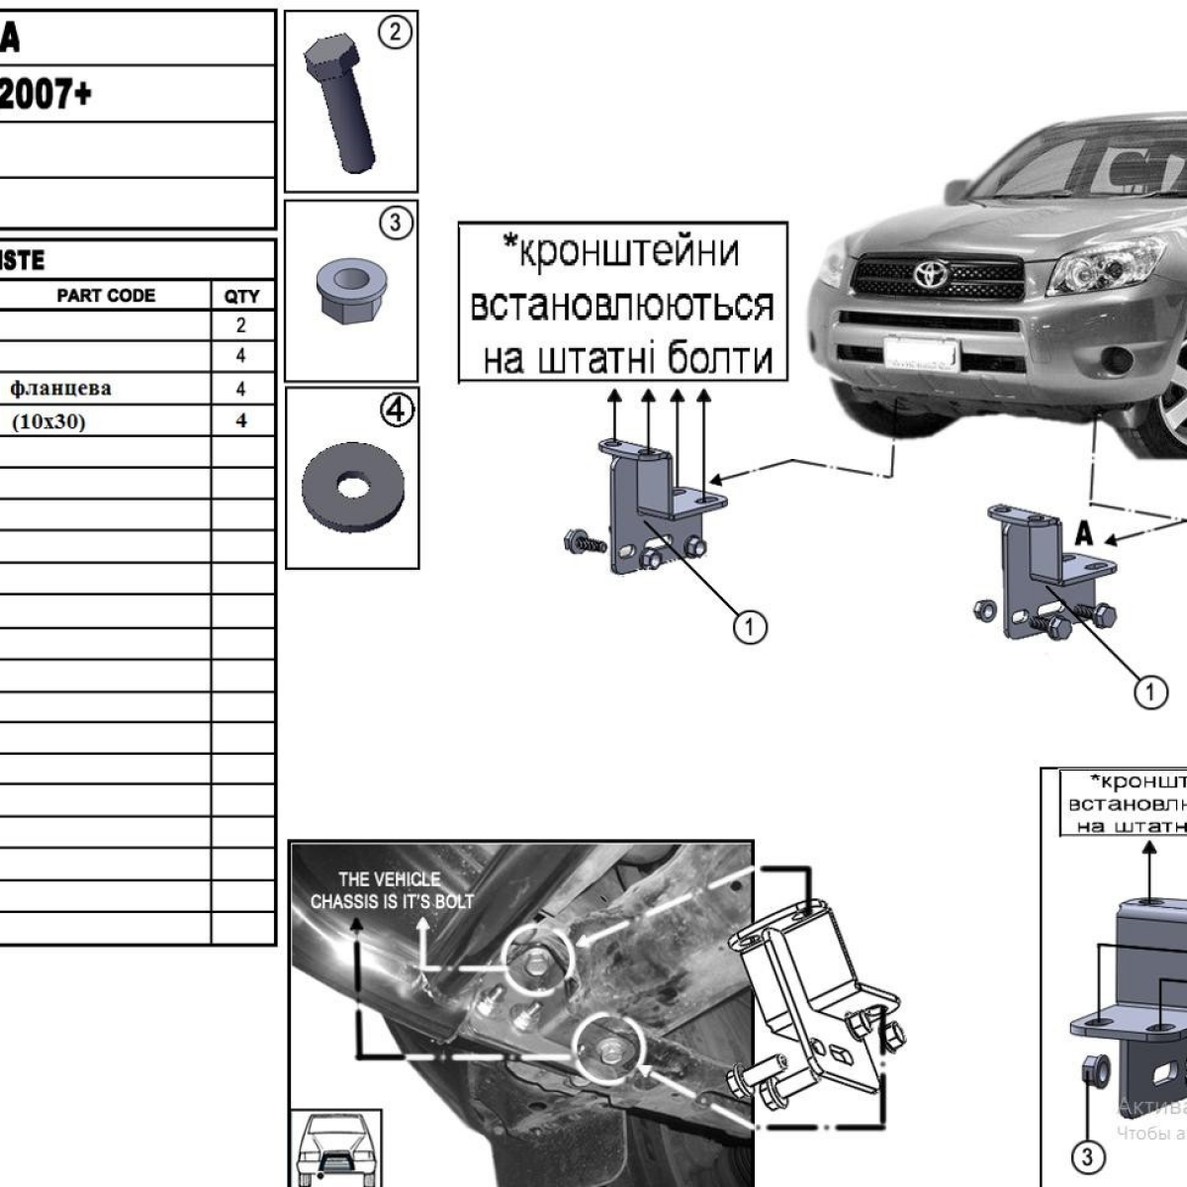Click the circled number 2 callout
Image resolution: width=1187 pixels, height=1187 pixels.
point(395,33)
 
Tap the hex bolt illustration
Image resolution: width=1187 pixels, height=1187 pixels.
point(339,104)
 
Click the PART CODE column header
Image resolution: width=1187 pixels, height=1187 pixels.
point(106,296)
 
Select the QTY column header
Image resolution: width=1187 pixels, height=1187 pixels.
point(241,296)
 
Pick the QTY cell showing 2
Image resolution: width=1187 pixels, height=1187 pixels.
point(241,325)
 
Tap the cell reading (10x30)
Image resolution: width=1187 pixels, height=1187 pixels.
point(48,422)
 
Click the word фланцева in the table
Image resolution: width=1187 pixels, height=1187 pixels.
point(60,389)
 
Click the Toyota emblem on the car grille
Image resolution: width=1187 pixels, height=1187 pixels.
point(930,273)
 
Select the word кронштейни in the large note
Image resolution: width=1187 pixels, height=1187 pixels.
point(630,252)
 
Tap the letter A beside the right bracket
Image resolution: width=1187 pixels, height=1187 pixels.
point(1084,534)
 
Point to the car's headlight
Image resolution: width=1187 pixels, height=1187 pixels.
point(1098,267)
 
